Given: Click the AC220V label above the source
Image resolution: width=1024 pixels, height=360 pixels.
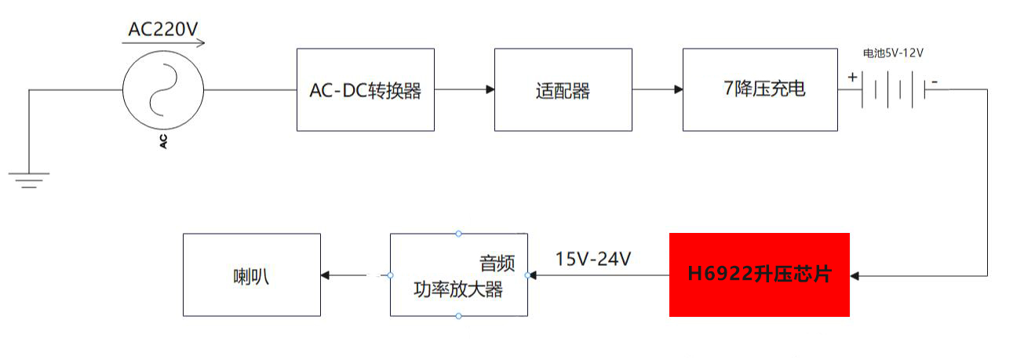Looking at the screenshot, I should pos(163,30).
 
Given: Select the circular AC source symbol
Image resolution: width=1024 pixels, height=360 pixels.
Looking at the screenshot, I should pos(164,90).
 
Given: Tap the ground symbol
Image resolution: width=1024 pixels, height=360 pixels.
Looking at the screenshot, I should pos(29,180).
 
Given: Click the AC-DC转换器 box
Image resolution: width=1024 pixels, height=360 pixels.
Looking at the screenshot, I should pos(365,90).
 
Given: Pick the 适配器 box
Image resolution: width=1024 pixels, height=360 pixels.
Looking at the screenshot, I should pos(563,90).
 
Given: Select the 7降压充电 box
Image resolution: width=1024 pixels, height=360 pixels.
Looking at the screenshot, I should pos(760,90).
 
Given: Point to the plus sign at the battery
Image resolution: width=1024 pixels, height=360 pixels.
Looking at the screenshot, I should pos(852,77).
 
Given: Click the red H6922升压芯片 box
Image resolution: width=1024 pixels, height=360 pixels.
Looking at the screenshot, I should pos(759,275).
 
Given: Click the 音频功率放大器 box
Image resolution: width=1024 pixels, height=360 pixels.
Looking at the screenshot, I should pos(458,275).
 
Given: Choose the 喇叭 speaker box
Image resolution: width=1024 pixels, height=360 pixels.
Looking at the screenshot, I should pos(251,275).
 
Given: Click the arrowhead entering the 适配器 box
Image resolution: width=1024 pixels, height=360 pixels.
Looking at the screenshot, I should pos(490,90).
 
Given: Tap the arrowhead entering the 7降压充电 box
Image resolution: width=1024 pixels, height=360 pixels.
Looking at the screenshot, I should pos(678,90).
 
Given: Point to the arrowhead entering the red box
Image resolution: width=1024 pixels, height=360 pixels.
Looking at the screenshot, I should pos(855,275).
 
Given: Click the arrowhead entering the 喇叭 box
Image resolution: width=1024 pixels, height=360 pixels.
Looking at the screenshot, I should pos(326,275).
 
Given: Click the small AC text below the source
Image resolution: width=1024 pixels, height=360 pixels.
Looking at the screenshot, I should pos(164,142).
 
